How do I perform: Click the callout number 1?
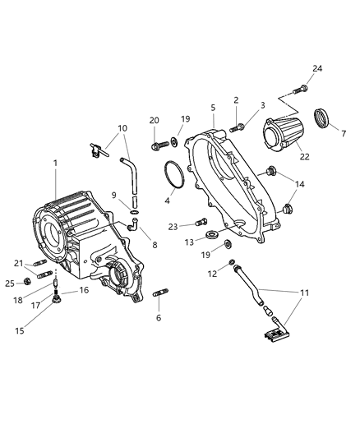(x=55, y=164)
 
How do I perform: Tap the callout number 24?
(x=316, y=68)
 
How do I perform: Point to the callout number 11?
(x=303, y=293)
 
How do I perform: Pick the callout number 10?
(x=122, y=128)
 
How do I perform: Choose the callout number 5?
(x=213, y=108)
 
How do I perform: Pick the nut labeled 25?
(x=25, y=283)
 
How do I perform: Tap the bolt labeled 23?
(x=202, y=221)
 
